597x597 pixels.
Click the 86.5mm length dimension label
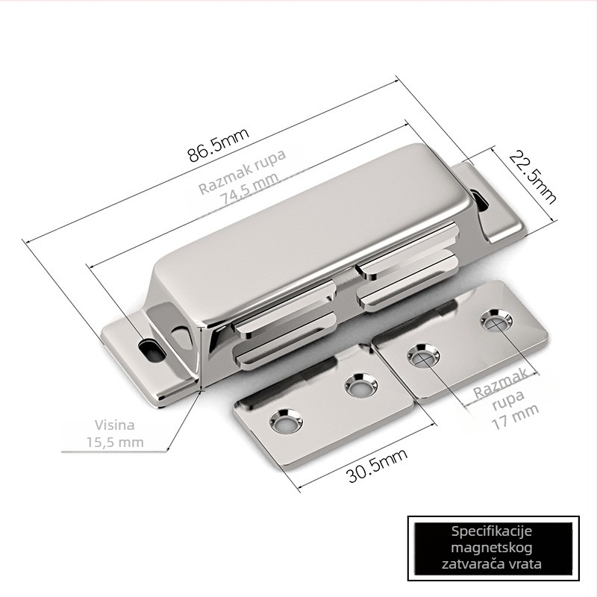(218, 144)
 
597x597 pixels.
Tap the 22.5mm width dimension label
(533, 177)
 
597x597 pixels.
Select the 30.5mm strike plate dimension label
(378, 464)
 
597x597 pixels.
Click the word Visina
(115, 425)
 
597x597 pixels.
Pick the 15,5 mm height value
(115, 443)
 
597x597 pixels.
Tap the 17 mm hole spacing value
(515, 417)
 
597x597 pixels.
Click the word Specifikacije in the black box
(492, 531)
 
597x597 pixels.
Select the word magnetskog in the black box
(492, 548)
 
